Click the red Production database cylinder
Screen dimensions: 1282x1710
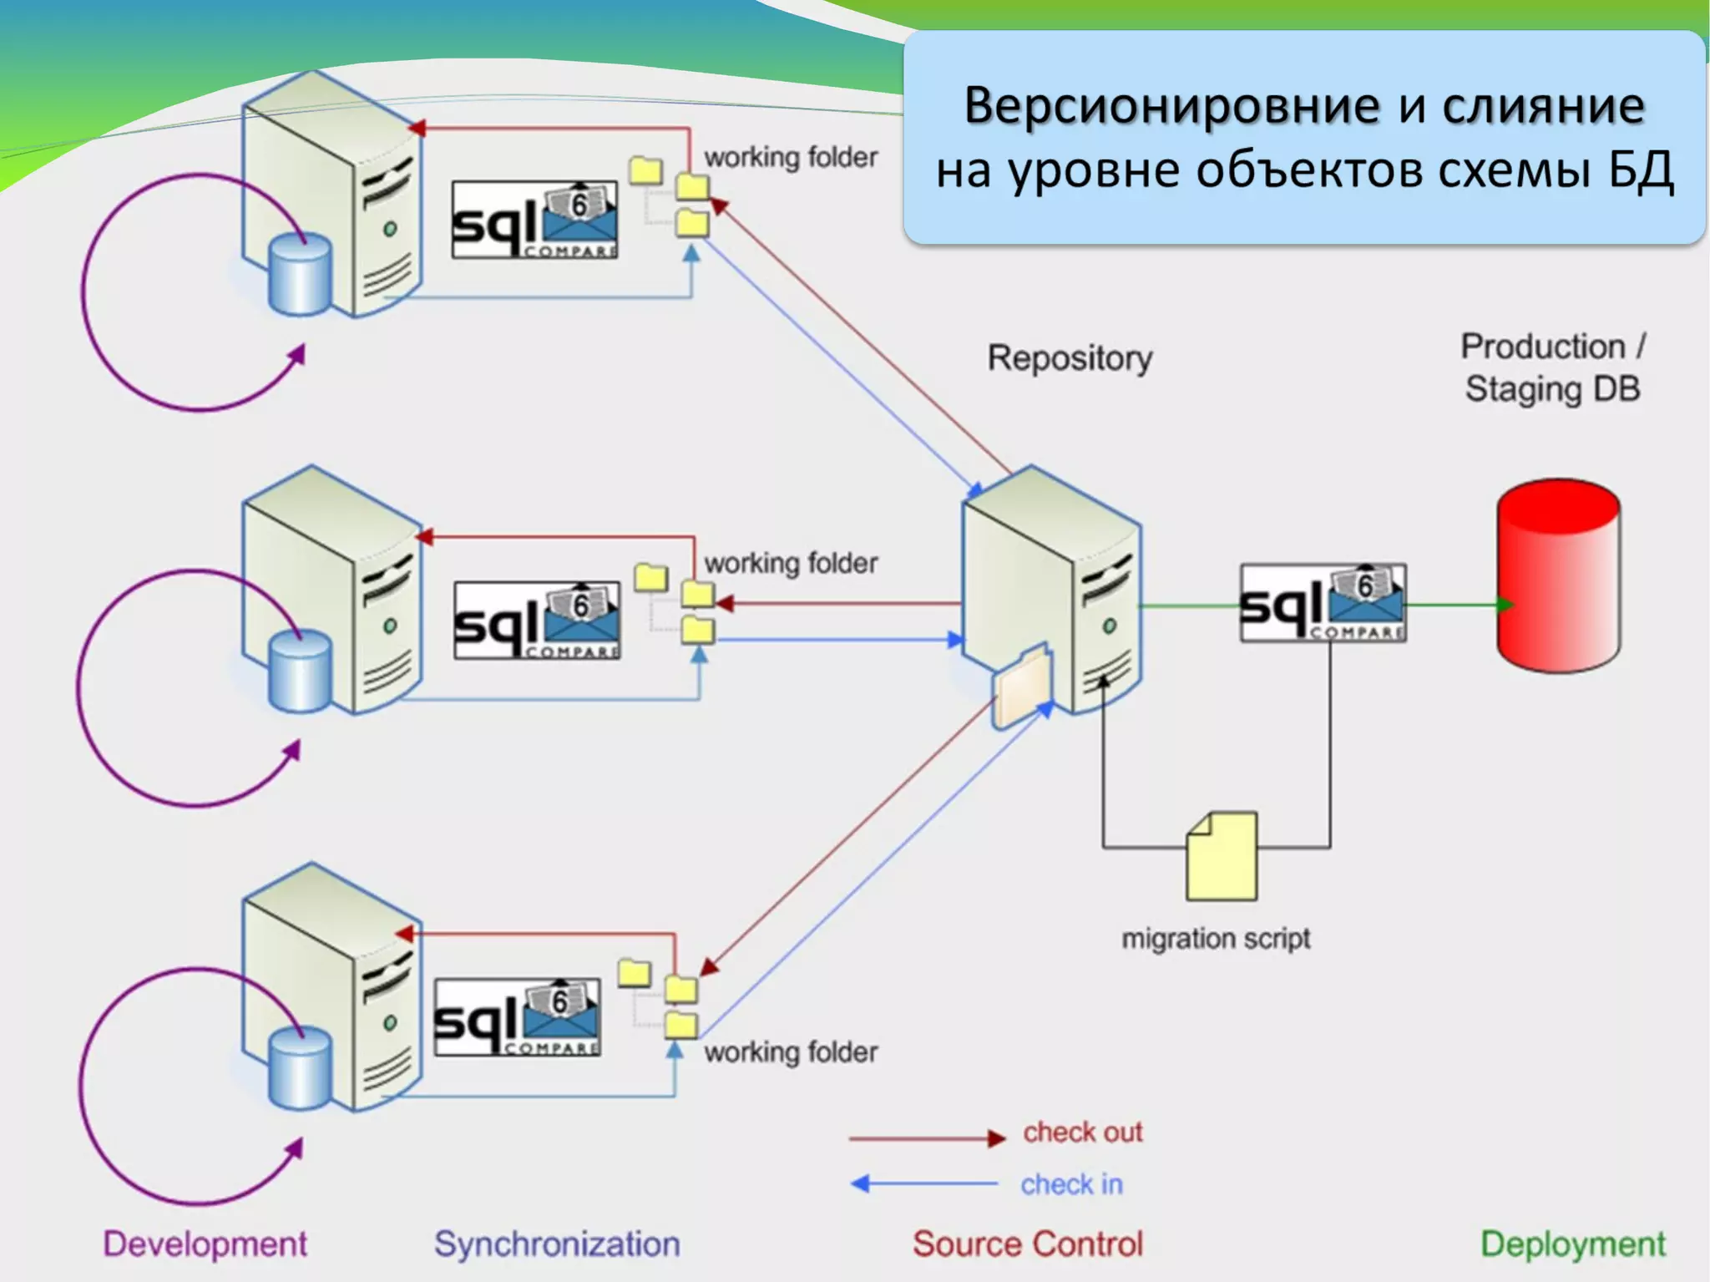[x=1558, y=576]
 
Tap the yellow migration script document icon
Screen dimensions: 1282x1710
[x=1222, y=857]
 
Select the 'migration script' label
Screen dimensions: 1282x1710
[x=1215, y=939]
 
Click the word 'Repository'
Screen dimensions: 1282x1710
[x=1070, y=358]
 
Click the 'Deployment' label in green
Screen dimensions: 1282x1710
[x=1572, y=1244]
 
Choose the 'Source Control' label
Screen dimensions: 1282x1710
[x=1027, y=1244]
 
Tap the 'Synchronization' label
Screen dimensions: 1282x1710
[x=557, y=1244]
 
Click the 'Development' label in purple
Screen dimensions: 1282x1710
[x=205, y=1244]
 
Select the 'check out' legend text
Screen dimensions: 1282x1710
[x=1082, y=1133]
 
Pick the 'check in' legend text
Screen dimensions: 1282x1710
[x=1071, y=1183]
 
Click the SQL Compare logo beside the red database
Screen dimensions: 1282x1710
[x=1323, y=604]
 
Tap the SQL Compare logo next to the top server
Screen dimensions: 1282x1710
[x=534, y=220]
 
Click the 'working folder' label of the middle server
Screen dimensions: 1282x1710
[x=790, y=564]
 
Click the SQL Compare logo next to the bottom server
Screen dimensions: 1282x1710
[x=518, y=1017]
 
